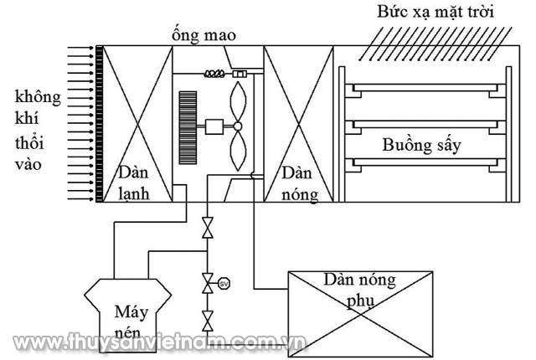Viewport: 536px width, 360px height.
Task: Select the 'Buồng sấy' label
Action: [422, 144]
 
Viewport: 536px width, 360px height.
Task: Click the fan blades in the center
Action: [238, 126]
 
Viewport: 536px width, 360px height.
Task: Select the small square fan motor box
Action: [216, 126]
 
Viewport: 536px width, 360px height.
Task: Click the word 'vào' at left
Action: [27, 166]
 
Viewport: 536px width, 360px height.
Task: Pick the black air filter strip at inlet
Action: [99, 123]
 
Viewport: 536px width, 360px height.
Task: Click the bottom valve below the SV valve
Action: [207, 318]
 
